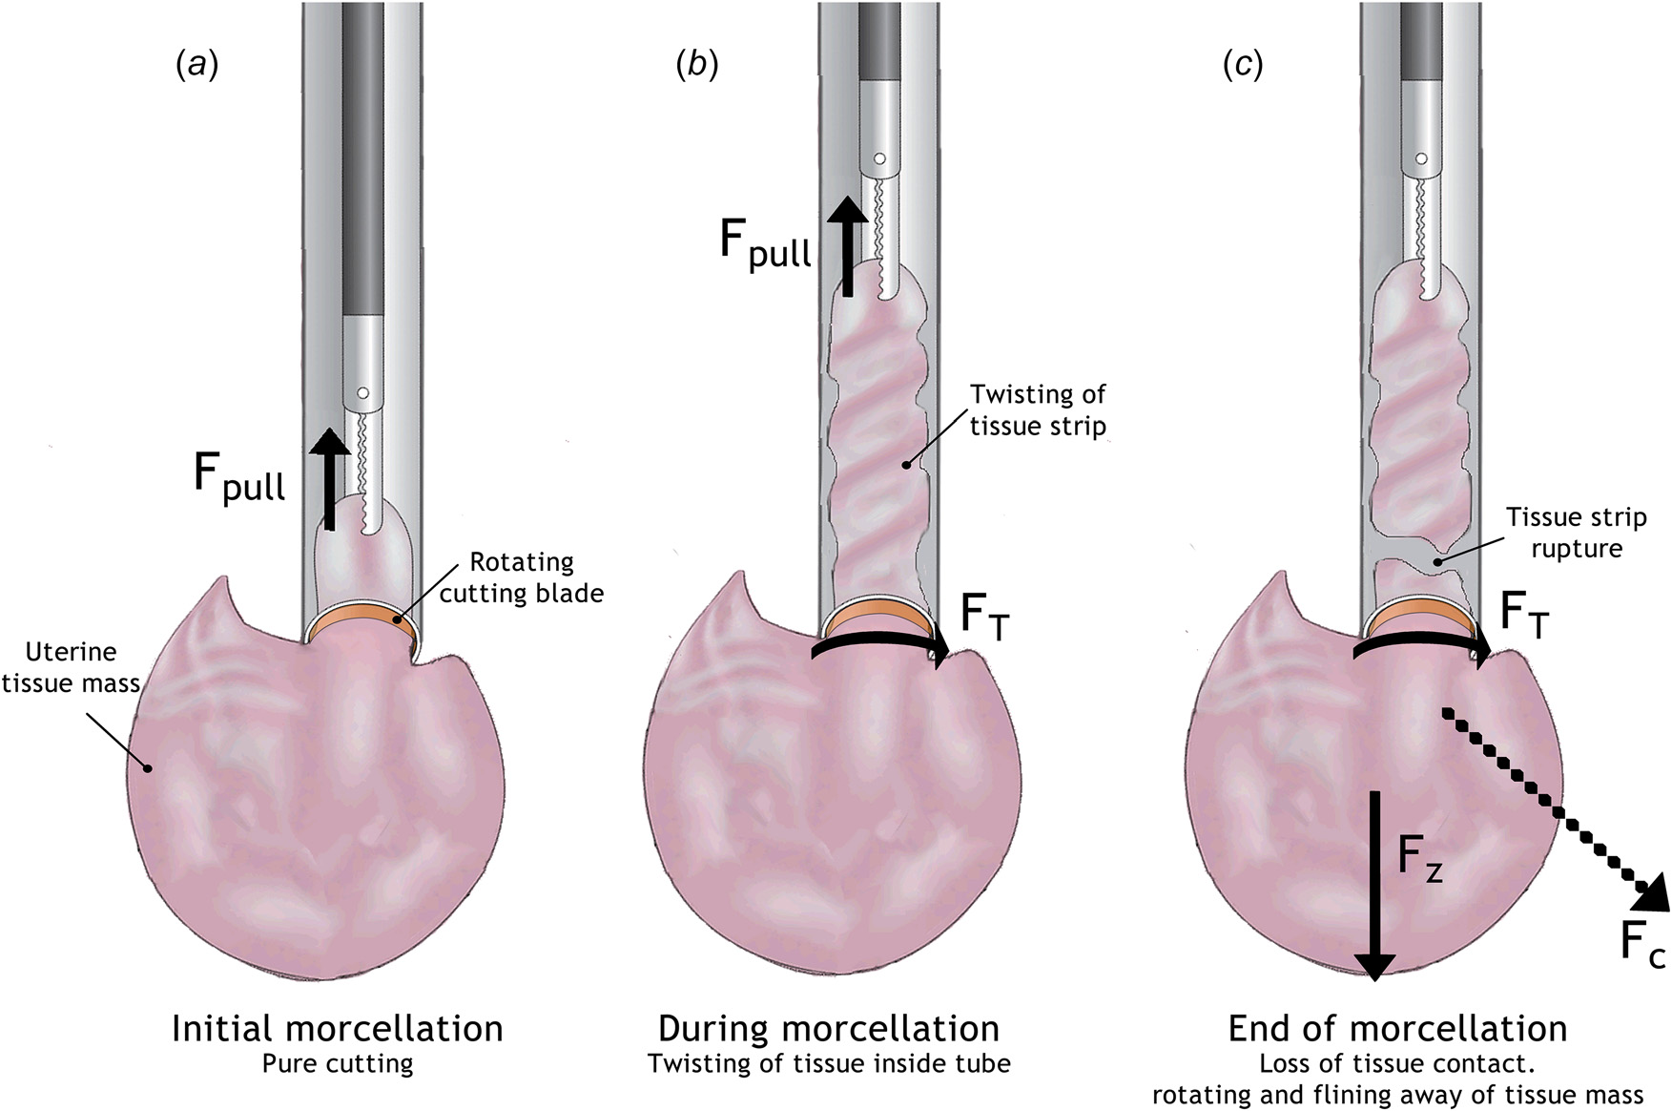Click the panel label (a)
tap(197, 65)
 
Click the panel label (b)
tap(696, 65)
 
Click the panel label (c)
tap(1243, 65)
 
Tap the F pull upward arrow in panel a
tap(330, 477)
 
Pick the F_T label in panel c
tap(1525, 615)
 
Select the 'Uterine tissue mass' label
tap(71, 667)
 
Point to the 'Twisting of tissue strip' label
tap(1038, 409)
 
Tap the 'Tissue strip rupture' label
tap(1576, 533)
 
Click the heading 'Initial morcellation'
tap(338, 1028)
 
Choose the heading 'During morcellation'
tap(829, 1028)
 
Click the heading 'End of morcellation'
tap(1397, 1028)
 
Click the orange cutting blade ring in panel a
tap(361, 620)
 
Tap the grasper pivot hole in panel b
tap(879, 157)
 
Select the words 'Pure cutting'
tap(338, 1063)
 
